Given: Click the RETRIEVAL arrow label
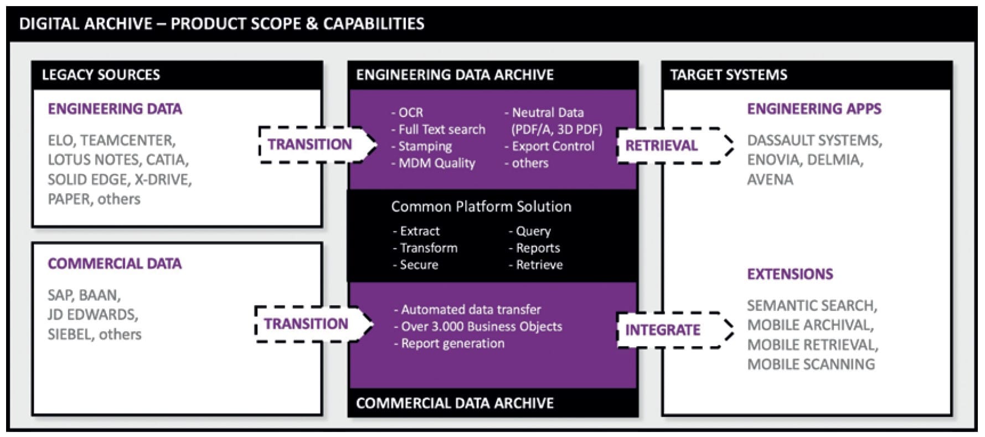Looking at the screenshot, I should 661,146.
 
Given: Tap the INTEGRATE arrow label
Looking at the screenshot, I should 663,330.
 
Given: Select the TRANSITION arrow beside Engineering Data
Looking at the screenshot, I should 310,145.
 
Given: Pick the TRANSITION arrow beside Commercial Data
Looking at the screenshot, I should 306,324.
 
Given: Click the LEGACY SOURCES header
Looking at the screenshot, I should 101,75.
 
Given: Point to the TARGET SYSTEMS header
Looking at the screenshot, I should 728,75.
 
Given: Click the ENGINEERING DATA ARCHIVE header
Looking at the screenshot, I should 455,75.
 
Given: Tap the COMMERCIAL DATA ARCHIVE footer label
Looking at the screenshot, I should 455,403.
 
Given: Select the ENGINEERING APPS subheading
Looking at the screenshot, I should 814,109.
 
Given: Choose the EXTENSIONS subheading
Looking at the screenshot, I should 790,274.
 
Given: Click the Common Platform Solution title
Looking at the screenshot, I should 481,207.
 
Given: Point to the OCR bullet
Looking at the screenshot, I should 408,113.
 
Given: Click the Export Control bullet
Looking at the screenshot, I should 550,147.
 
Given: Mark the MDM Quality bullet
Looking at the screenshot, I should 434,163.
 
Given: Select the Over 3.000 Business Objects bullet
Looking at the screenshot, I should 478,327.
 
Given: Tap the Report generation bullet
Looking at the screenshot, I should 450,343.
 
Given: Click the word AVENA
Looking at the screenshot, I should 770,179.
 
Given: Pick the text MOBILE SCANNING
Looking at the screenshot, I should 811,364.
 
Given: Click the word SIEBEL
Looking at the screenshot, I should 69,335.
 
